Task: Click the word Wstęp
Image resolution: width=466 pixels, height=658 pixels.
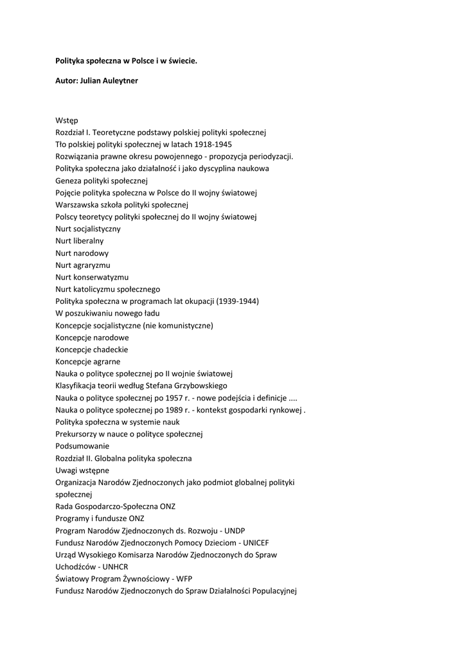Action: pyautogui.click(x=66, y=120)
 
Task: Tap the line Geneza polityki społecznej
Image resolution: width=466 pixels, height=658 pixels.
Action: pyautogui.click(x=102, y=180)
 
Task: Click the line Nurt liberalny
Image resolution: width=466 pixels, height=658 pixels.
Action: pyautogui.click(x=80, y=240)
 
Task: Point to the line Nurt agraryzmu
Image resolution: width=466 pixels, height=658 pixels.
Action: pyautogui.click(x=83, y=265)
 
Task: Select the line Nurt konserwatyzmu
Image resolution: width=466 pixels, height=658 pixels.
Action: pyautogui.click(x=92, y=277)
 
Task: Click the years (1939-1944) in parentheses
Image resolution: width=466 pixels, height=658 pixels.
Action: pyautogui.click(x=238, y=301)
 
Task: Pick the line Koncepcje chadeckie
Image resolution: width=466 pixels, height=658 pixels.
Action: pyautogui.click(x=92, y=350)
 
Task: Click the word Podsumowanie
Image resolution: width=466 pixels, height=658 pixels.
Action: pyautogui.click(x=82, y=446)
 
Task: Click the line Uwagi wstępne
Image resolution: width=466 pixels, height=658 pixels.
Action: pyautogui.click(x=82, y=470)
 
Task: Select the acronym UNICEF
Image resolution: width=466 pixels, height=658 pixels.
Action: pyautogui.click(x=256, y=542)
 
